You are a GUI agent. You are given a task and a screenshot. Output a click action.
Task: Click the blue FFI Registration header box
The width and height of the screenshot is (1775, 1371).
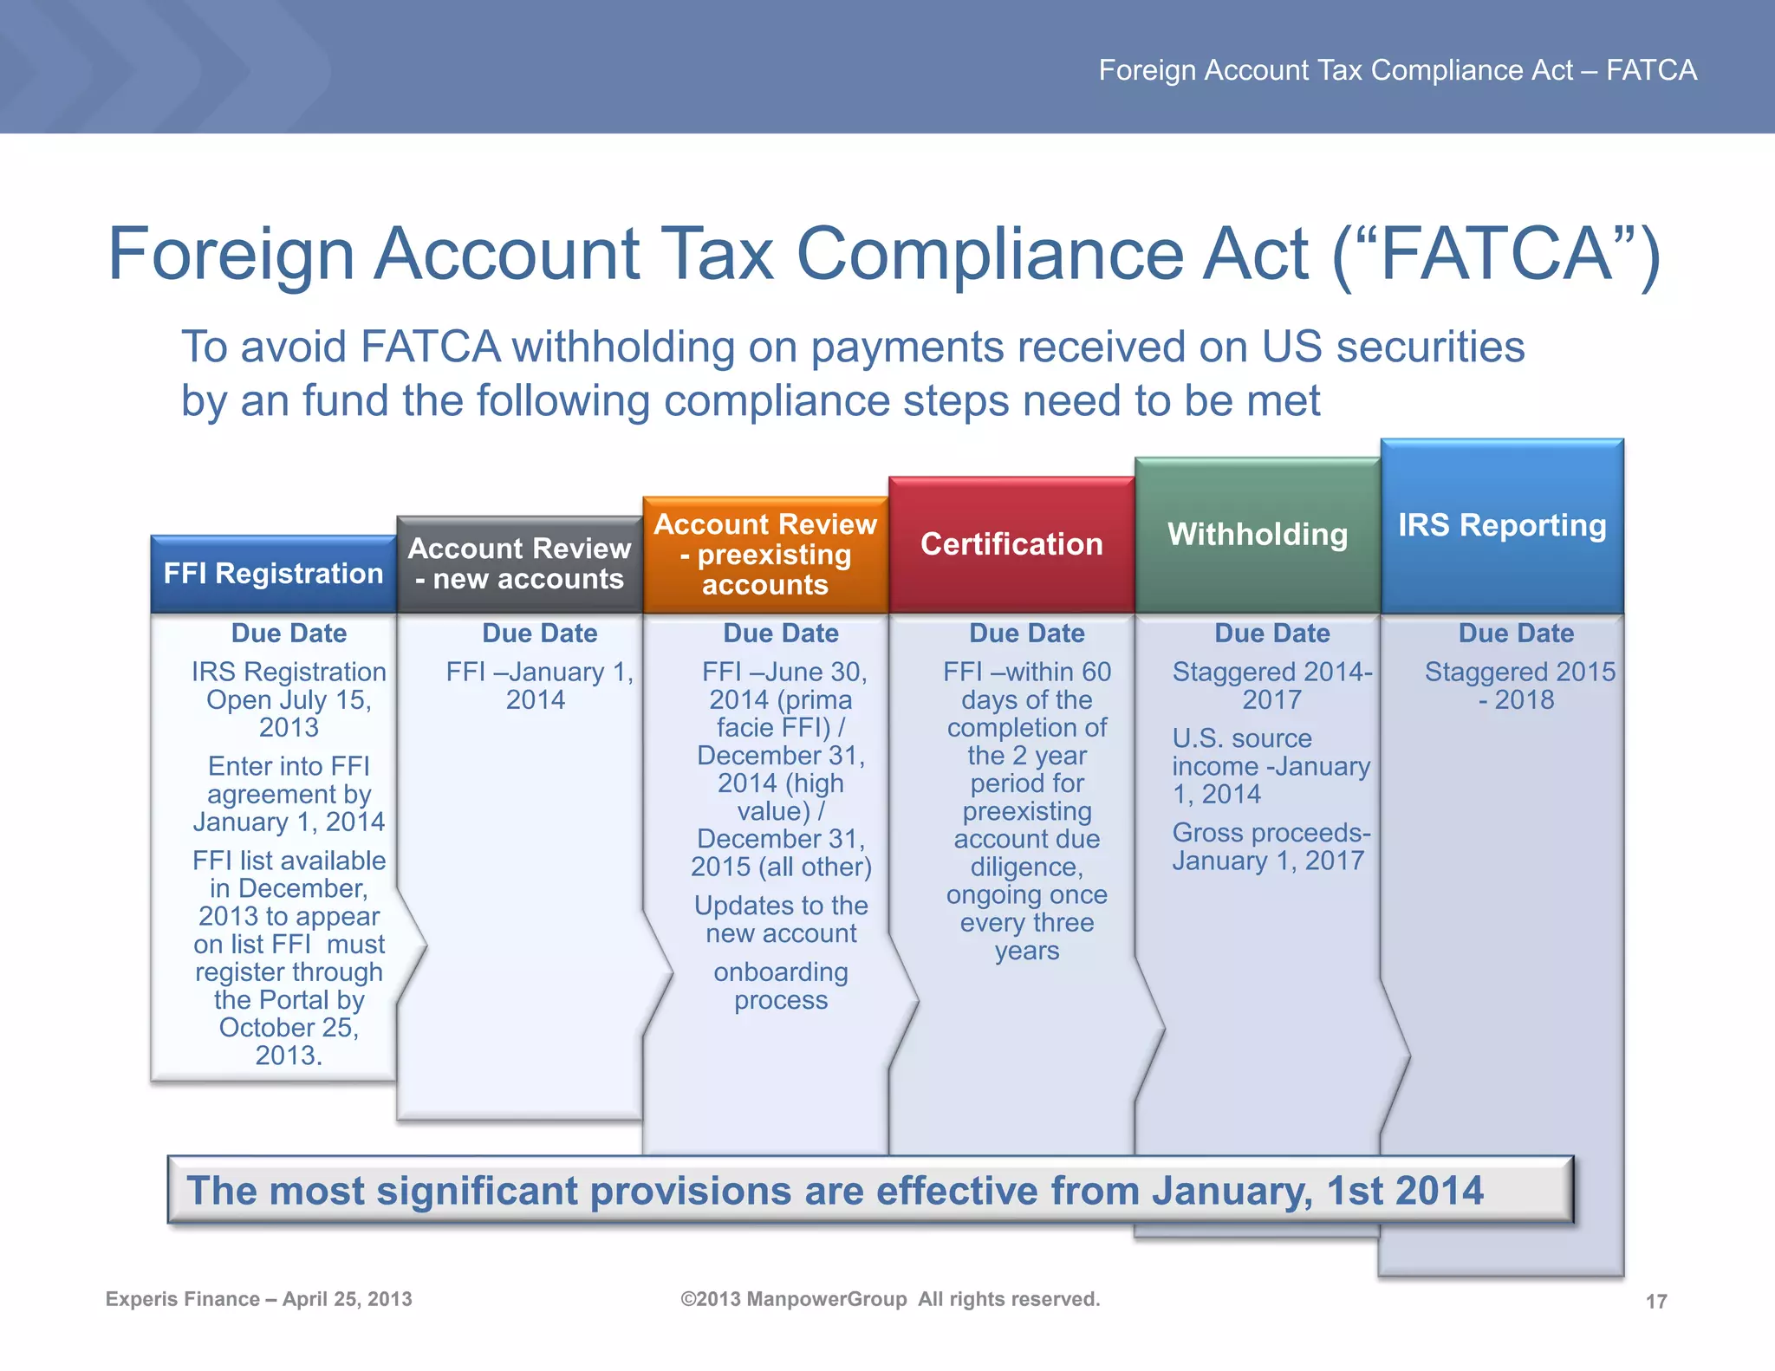click(x=273, y=574)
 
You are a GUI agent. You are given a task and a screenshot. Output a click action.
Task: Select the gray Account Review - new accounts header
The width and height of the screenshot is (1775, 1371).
click(x=519, y=563)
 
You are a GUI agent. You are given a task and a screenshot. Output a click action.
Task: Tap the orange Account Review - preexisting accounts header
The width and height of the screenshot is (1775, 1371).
click(x=765, y=554)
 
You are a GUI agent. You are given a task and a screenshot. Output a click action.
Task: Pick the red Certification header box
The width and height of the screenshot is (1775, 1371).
click(x=1011, y=544)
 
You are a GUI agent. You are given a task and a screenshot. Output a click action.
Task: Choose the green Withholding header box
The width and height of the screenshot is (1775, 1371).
click(x=1258, y=535)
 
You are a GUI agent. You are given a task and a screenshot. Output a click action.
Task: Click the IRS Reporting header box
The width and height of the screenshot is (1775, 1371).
click(x=1502, y=525)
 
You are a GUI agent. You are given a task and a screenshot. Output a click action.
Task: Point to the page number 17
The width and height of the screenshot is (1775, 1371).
click(x=1656, y=1301)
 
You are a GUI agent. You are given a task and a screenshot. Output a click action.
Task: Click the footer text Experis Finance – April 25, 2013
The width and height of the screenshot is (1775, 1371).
click(x=258, y=1299)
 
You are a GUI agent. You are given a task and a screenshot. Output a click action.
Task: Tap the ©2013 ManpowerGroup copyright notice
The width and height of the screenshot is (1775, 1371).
click(x=890, y=1299)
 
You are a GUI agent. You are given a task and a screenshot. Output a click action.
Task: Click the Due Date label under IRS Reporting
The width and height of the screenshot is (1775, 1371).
click(x=1516, y=634)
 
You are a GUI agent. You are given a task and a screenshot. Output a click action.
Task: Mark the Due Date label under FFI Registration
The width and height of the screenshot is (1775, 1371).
click(x=289, y=634)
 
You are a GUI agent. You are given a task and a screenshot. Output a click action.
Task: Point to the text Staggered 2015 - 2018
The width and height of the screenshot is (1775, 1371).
click(x=1519, y=685)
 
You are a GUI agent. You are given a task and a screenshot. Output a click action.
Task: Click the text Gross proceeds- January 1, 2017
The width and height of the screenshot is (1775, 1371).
click(x=1271, y=847)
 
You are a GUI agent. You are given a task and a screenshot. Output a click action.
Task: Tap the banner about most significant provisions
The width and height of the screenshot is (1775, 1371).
click(x=870, y=1190)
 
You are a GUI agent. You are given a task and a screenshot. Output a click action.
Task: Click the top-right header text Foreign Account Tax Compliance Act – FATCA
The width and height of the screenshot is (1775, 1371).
click(x=1397, y=70)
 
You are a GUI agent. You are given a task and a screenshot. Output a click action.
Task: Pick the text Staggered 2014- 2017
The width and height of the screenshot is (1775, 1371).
click(x=1272, y=685)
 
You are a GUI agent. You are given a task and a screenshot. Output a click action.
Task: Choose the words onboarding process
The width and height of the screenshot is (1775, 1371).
click(x=781, y=986)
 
